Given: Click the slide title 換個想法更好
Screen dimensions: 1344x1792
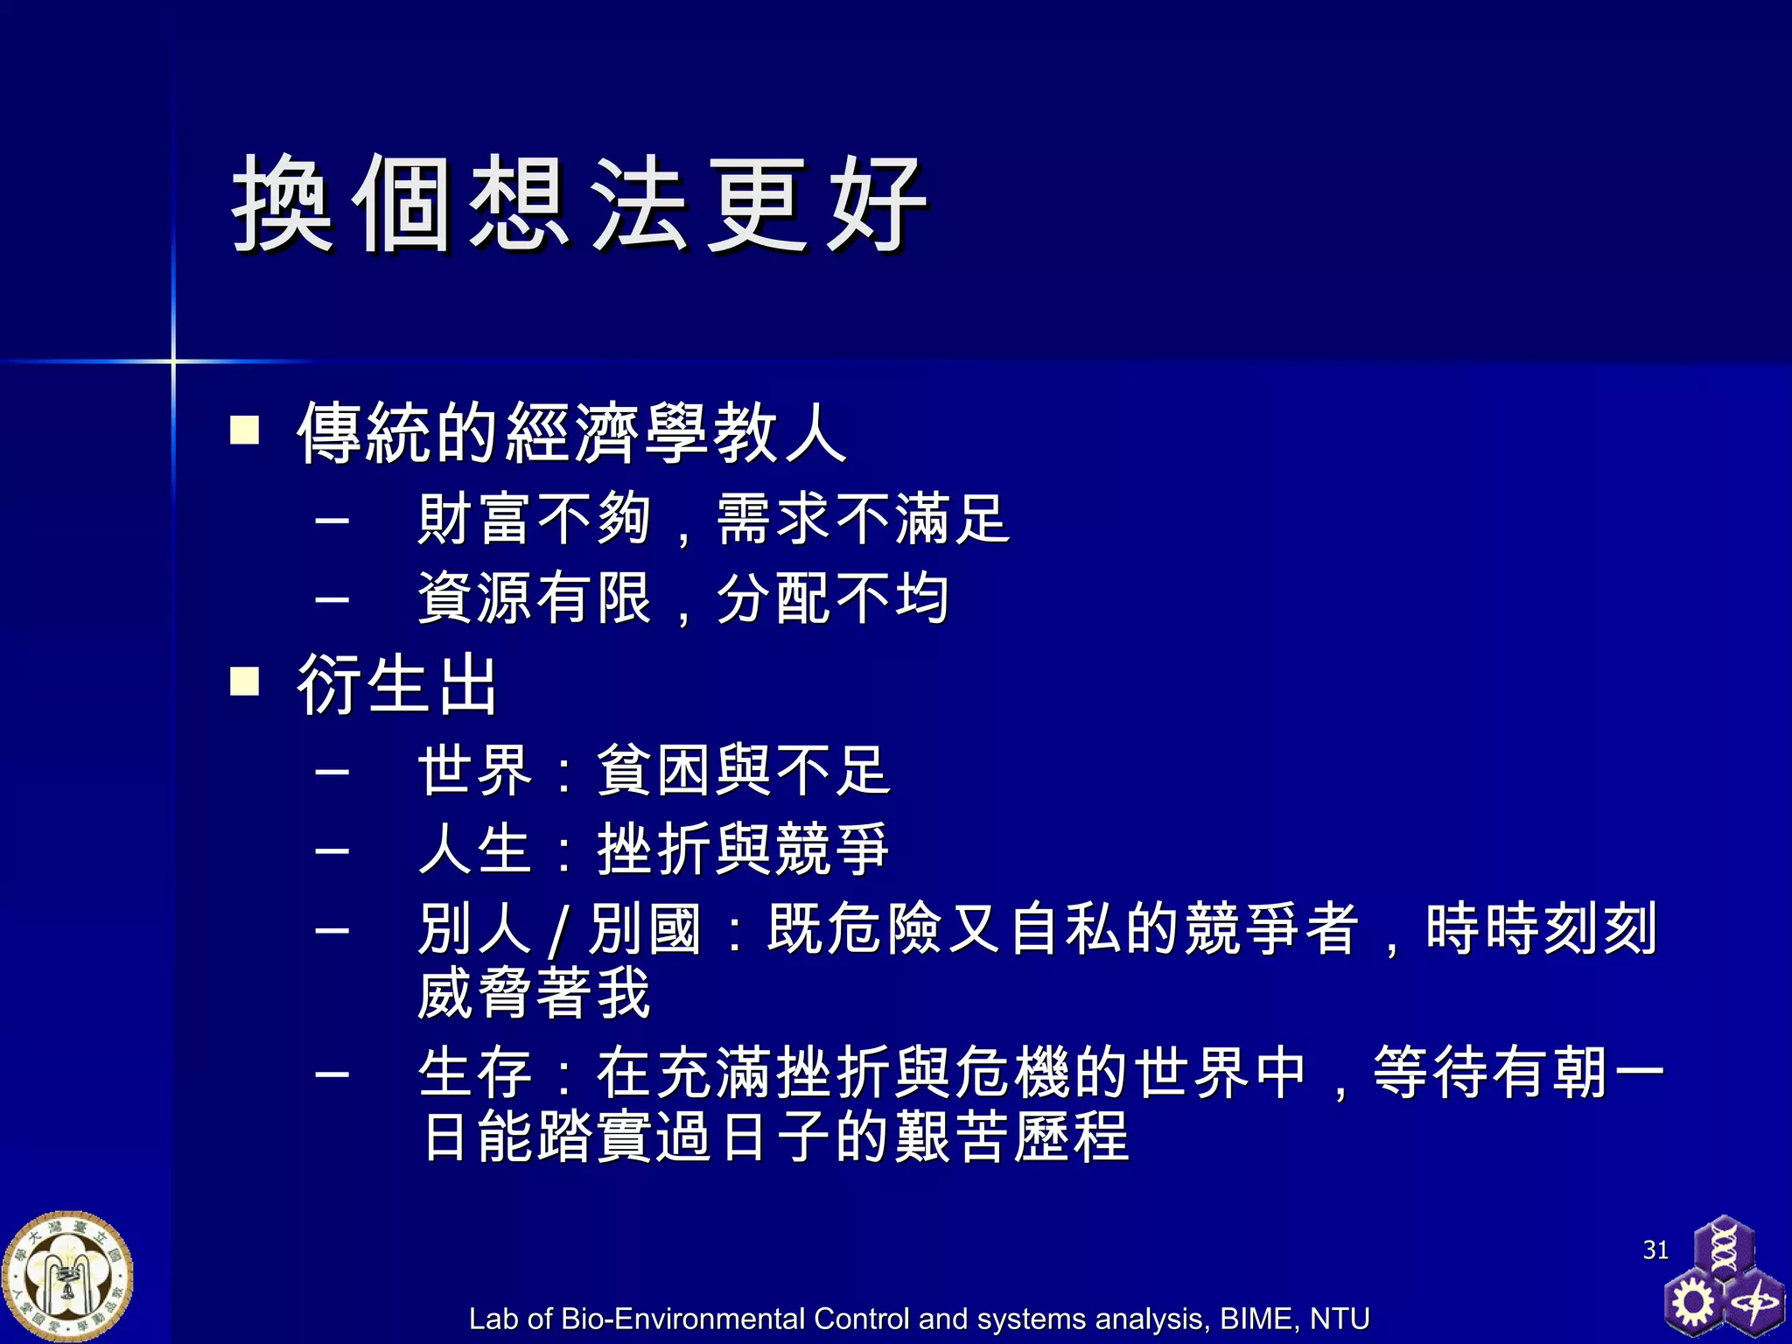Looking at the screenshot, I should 579,204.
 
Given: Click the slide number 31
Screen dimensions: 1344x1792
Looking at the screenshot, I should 1655,1249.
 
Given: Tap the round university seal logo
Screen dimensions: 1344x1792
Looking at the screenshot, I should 67,1277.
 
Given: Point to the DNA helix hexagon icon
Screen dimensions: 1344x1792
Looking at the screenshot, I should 1724,1247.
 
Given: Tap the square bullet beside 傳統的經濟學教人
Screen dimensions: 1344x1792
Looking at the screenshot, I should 244,430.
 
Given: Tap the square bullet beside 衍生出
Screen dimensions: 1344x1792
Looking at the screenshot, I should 244,681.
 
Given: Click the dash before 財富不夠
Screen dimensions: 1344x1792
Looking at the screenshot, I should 332,520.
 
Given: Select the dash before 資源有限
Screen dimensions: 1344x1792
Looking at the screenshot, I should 332,599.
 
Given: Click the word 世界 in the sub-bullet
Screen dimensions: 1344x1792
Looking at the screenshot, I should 475,771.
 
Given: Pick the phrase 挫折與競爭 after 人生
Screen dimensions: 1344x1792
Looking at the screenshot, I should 743,850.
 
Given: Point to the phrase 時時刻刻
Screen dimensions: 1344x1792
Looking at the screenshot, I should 1541,928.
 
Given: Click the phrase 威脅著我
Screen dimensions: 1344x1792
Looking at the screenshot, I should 534,993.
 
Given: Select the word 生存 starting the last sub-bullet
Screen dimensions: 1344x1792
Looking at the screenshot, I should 475,1073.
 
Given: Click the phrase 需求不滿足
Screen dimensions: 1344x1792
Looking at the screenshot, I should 863,520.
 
